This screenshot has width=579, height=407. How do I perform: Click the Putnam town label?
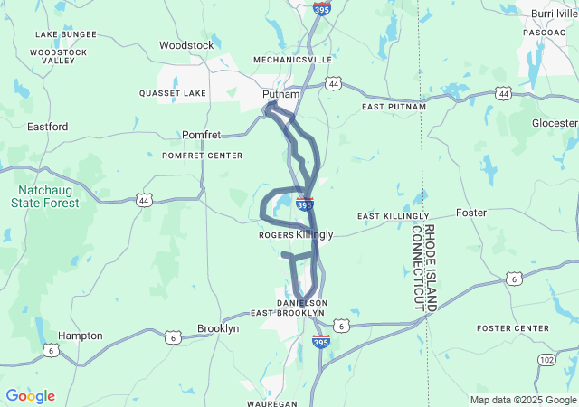point(280,94)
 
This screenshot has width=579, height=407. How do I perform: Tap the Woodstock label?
point(186,45)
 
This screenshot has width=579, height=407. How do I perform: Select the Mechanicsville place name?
point(292,60)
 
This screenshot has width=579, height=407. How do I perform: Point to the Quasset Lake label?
point(173,93)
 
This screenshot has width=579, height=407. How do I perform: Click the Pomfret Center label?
point(203,156)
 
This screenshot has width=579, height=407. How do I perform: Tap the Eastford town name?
point(47,127)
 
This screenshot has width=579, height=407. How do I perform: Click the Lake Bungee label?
point(65,34)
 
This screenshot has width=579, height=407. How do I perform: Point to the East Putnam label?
point(394,107)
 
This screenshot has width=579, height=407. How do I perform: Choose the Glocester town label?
point(555,123)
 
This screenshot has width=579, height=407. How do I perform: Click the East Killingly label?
point(393,216)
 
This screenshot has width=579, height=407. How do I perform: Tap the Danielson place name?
point(301,302)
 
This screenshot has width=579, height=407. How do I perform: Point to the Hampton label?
point(80,336)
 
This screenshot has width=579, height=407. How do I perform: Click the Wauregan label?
point(272,402)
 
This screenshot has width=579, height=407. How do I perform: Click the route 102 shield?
point(547,359)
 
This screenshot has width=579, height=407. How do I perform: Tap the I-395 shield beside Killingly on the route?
point(305,205)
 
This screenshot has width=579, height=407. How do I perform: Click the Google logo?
point(30,396)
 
